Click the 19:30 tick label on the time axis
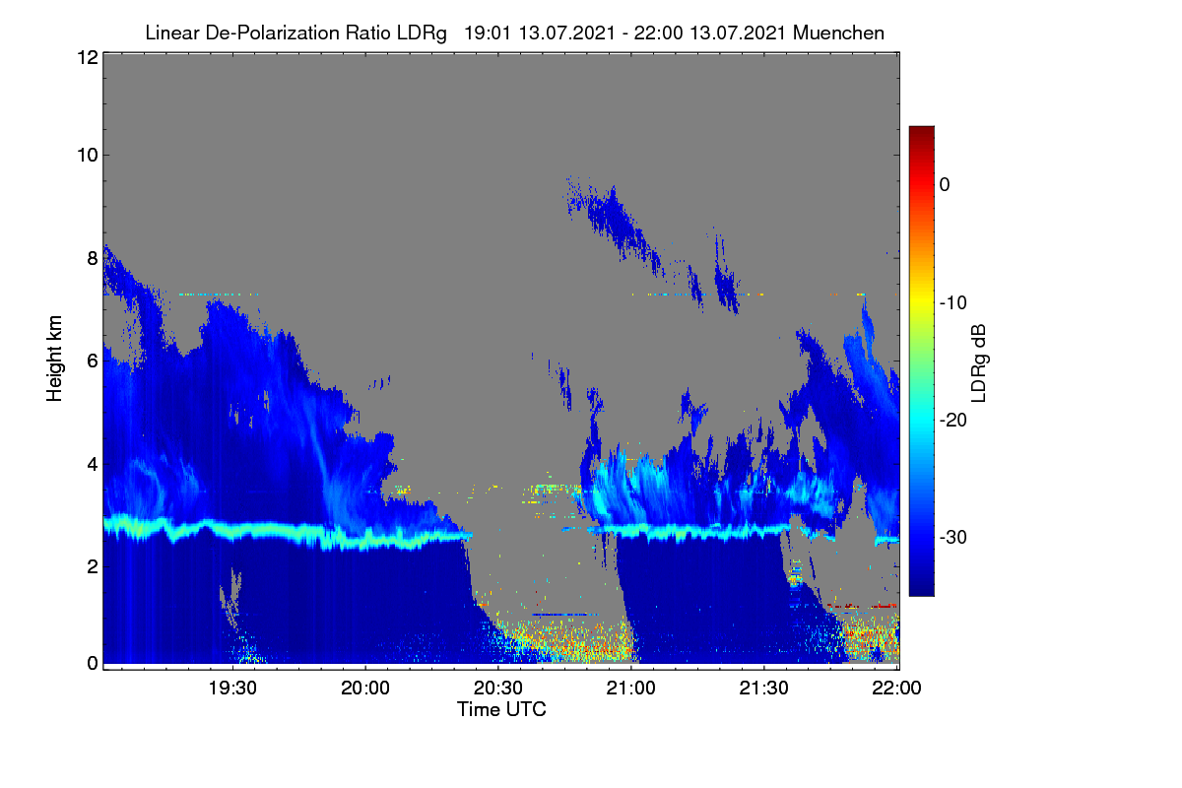[232, 689]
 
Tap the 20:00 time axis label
[365, 689]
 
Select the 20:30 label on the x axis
[498, 689]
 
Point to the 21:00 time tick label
[631, 689]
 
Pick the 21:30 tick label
[763, 689]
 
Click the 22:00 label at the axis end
[896, 689]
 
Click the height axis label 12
[88, 57]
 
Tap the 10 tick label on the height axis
[88, 156]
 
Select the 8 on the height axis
[93, 258]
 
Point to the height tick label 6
[93, 361]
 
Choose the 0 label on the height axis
[93, 664]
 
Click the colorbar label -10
[953, 303]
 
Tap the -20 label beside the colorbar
[953, 421]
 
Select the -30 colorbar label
[953, 537]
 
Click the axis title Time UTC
[501, 709]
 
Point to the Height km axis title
[54, 359]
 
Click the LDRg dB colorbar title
[978, 363]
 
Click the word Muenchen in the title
[838, 33]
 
